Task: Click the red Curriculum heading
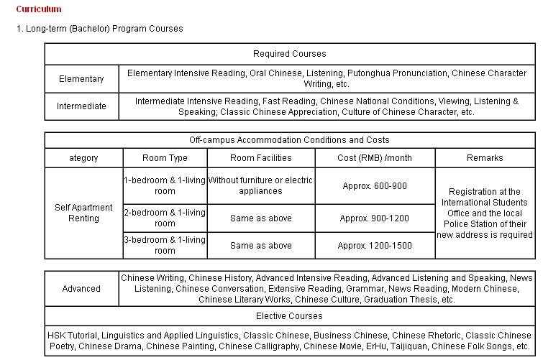(x=38, y=9)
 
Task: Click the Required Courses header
(x=289, y=54)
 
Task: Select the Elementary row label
(x=81, y=79)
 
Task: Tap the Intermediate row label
(x=81, y=106)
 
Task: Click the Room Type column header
(x=165, y=158)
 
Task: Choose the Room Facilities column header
(x=260, y=158)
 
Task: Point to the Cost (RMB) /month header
(x=374, y=158)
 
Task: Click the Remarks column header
(x=485, y=158)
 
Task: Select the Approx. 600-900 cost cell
(x=374, y=186)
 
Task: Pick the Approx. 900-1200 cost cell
(x=374, y=218)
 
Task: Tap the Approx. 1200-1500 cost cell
(x=374, y=246)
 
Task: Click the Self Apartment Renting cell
(x=83, y=213)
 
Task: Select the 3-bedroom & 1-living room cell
(x=165, y=245)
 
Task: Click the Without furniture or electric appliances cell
(x=260, y=186)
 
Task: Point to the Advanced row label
(x=81, y=289)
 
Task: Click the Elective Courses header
(x=289, y=316)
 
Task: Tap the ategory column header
(x=83, y=158)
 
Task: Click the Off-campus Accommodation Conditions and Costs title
(x=289, y=140)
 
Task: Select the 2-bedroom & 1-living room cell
(x=165, y=218)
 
